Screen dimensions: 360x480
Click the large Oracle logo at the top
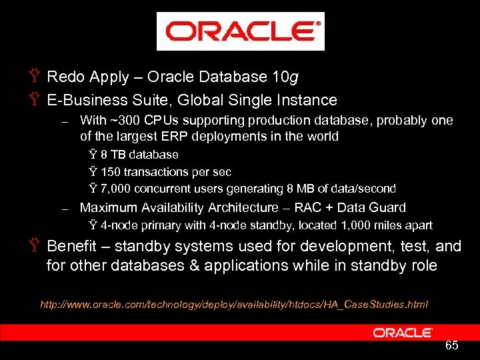240,31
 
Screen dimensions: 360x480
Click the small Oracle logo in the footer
403,332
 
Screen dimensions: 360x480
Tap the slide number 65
451,345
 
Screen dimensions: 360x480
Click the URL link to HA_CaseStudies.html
234,305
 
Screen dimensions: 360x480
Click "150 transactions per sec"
166,172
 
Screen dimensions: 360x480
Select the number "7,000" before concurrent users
115,189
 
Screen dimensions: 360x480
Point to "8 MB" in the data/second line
308,189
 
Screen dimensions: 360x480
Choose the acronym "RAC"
307,208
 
